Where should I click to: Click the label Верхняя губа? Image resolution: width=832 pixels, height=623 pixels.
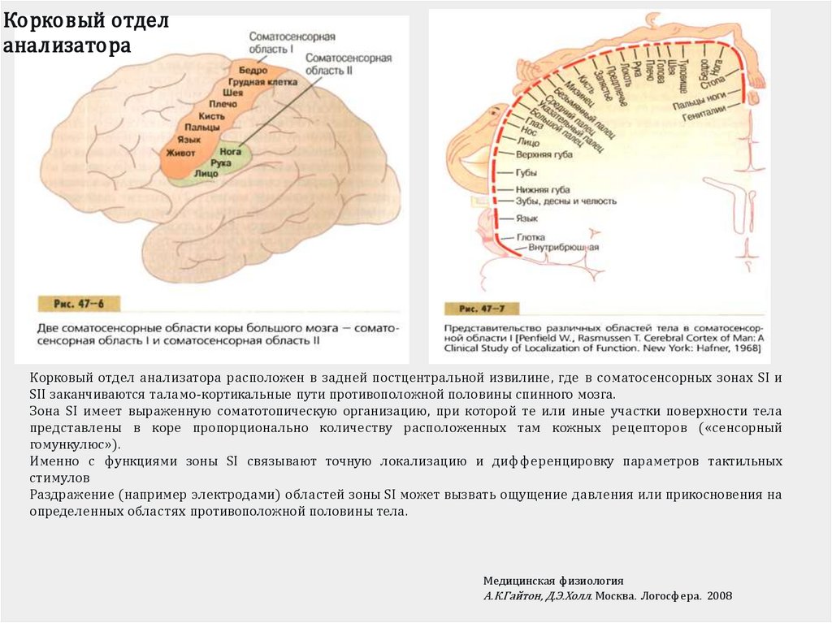coord(539,153)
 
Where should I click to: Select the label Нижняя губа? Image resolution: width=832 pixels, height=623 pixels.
coord(537,188)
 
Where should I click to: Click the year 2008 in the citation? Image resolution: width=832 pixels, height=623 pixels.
coord(719,595)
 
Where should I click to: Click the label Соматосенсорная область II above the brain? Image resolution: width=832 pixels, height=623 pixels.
coord(349,64)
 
